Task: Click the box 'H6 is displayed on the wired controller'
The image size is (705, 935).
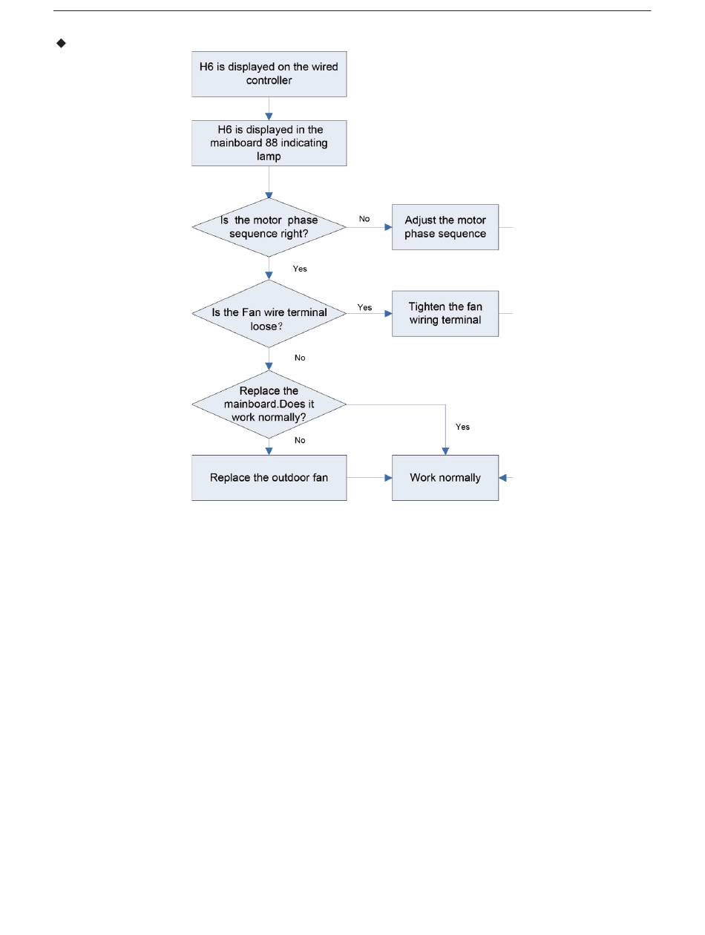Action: (x=269, y=74)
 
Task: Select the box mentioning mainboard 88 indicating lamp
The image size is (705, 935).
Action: (x=269, y=143)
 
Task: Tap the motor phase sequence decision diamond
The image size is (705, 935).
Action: (x=269, y=228)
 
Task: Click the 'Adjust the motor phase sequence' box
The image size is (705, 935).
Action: (x=445, y=227)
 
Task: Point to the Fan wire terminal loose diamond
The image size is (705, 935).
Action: (x=269, y=313)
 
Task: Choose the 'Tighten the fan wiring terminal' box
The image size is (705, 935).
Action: (x=445, y=313)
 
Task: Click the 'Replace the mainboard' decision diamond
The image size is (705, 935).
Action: (x=269, y=404)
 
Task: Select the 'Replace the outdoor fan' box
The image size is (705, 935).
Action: (x=269, y=477)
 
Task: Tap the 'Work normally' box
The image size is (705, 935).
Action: (x=445, y=477)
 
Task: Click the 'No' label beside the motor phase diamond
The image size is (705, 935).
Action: (x=364, y=219)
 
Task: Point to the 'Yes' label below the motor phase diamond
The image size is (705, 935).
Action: (x=300, y=269)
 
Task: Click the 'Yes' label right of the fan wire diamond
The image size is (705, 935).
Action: (x=364, y=307)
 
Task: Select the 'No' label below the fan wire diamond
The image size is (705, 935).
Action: (x=300, y=358)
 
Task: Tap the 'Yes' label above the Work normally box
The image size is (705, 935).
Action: (x=462, y=427)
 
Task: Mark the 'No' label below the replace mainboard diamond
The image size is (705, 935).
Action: (x=300, y=441)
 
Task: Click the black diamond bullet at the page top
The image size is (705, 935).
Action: (x=62, y=44)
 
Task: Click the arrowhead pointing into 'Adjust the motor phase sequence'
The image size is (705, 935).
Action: (x=388, y=228)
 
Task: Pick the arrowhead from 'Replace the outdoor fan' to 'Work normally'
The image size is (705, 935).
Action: (x=388, y=478)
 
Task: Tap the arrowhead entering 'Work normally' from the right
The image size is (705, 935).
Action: (x=502, y=478)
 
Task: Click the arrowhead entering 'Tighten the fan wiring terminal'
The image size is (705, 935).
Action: (x=388, y=313)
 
